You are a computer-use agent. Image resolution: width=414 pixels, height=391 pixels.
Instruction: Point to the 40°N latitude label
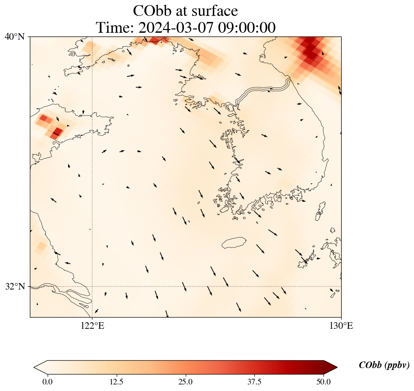coord(14,36)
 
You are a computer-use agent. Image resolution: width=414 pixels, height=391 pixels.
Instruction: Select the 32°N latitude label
coord(14,286)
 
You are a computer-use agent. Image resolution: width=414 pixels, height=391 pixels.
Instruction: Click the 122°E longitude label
coord(92,326)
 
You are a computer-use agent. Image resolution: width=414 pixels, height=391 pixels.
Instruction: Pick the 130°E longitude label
coord(341,326)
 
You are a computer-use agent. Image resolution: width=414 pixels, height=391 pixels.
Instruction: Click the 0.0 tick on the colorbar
coord(47,382)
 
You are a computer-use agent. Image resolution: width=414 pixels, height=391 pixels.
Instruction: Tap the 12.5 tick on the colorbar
coord(116,382)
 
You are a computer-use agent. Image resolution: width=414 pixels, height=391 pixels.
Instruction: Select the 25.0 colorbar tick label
coord(185,382)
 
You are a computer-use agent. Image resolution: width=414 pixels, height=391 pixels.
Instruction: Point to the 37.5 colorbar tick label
coord(254,382)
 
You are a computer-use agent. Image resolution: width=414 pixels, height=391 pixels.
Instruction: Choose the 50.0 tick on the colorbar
coord(323,382)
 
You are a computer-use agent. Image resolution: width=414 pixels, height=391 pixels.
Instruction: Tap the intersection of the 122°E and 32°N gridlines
coord(92,286)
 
